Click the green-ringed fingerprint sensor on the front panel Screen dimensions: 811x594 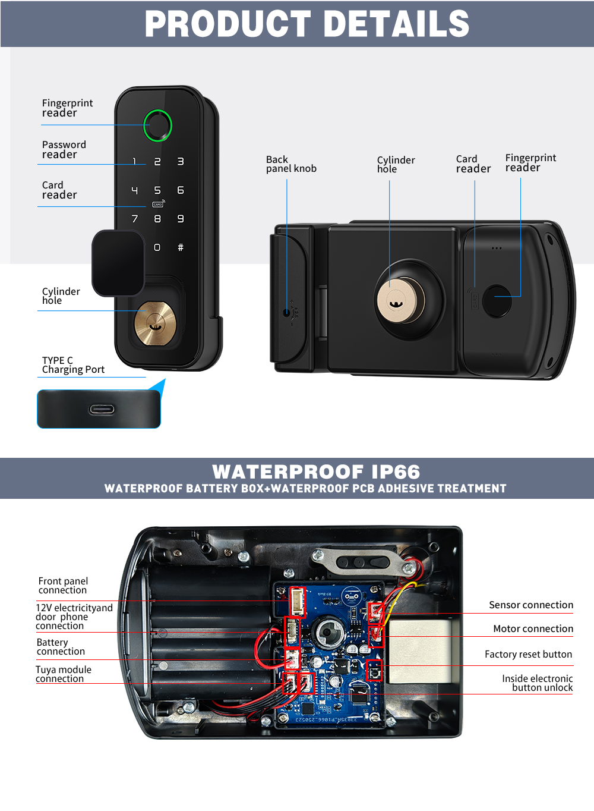point(157,125)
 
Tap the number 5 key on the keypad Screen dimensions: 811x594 point(157,190)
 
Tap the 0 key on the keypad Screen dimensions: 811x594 point(157,247)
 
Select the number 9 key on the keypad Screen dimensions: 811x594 point(181,219)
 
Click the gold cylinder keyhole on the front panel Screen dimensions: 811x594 point(154,323)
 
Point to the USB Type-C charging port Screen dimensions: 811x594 point(102,409)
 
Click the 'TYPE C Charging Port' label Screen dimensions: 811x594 point(72,365)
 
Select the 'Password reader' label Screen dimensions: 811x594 point(64,149)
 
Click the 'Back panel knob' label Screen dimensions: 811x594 point(291,164)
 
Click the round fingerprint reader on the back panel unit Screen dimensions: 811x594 point(497,301)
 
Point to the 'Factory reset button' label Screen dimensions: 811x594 point(528,654)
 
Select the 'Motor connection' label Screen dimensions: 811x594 point(533,628)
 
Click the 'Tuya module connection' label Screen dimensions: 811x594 point(63,674)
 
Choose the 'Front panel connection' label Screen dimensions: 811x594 point(63,585)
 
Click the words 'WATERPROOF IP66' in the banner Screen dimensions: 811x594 point(316,471)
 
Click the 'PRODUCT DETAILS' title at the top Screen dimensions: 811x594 point(307,24)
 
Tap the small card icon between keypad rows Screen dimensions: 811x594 point(157,205)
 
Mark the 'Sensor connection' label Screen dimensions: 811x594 point(530,605)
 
